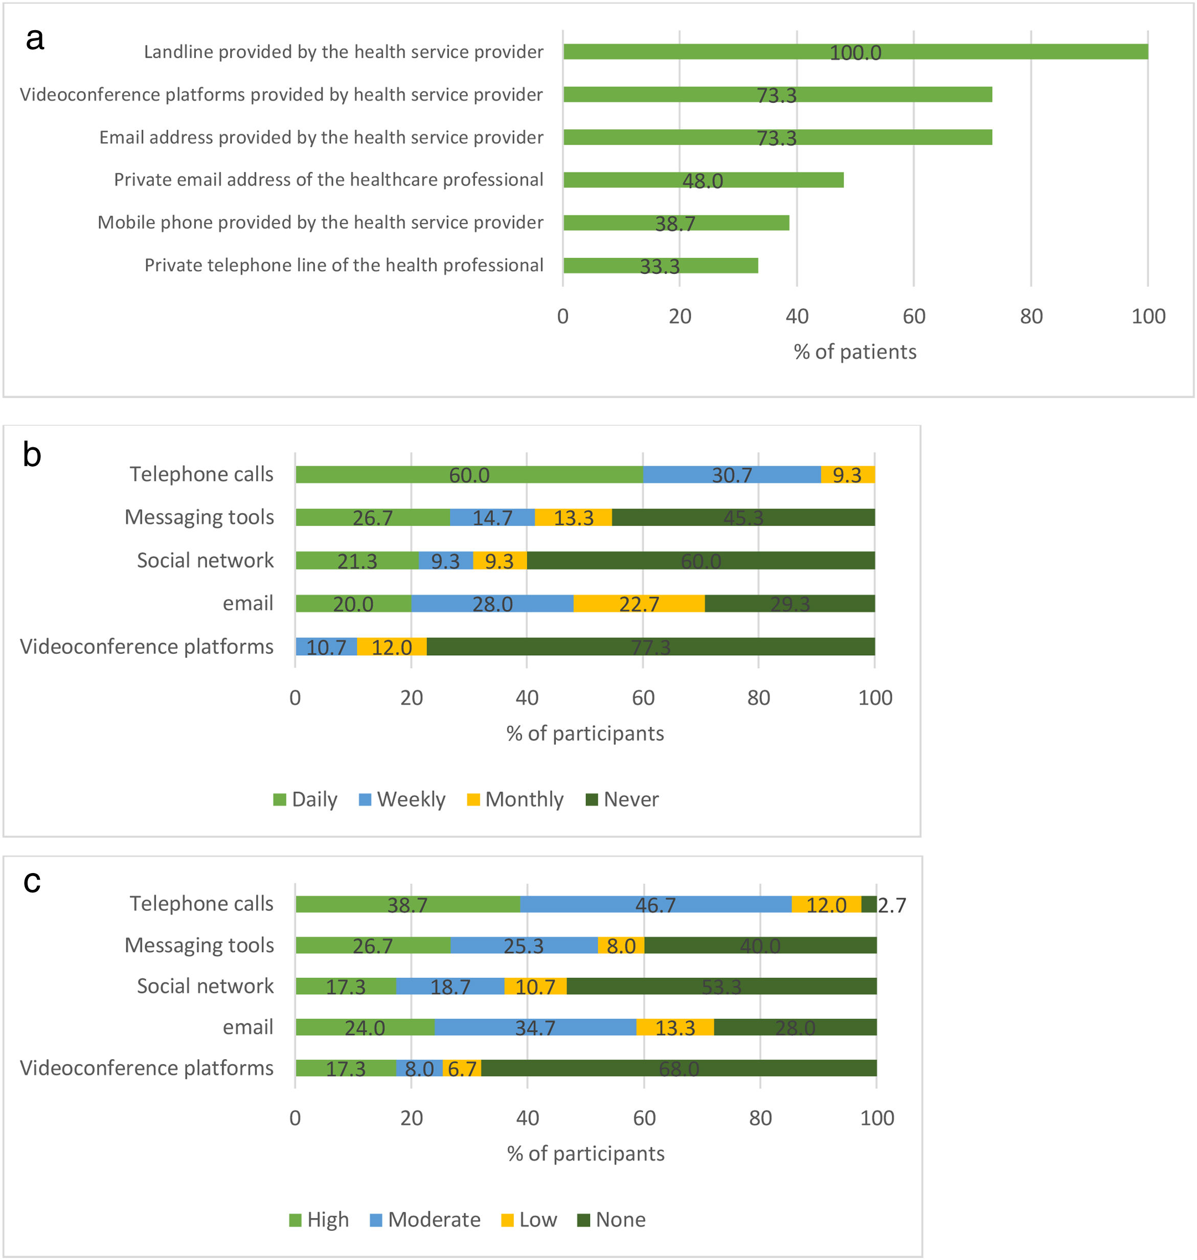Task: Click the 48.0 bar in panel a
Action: pos(703,180)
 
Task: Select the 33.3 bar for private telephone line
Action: pos(661,265)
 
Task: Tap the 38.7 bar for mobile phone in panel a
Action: pos(675,223)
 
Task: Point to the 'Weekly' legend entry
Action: pos(402,799)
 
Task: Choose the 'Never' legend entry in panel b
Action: pos(622,799)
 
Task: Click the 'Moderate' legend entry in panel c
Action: pos(425,1220)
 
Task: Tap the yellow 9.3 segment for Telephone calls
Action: pos(847,475)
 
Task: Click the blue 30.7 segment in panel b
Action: pos(732,475)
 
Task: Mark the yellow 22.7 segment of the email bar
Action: pos(639,604)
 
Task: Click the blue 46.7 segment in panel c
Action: pos(656,904)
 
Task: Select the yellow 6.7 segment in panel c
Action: pos(462,1068)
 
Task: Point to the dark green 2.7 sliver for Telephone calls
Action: pos(869,904)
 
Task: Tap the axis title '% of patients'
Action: pos(854,352)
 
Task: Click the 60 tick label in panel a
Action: pos(914,316)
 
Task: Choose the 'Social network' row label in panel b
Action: pos(205,560)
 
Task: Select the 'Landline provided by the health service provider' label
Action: pos(343,52)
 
